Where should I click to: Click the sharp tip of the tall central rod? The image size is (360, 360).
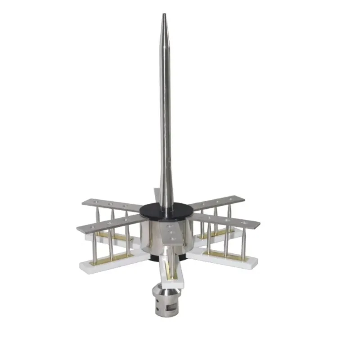point(164,15)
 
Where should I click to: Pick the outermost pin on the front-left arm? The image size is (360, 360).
point(95,245)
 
